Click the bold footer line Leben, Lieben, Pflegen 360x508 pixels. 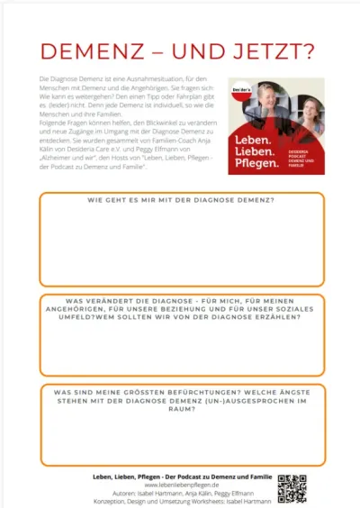(x=180, y=475)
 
